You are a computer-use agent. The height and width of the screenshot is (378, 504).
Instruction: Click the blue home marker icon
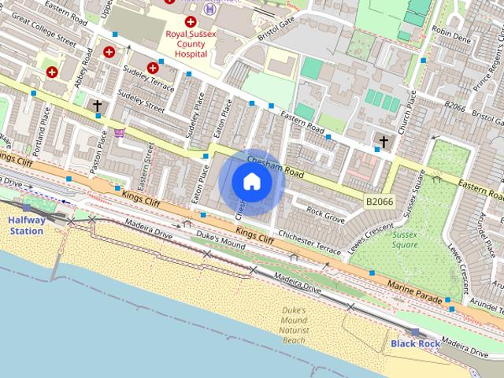coord(252,182)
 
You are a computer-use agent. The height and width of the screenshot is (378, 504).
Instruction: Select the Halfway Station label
coord(26,226)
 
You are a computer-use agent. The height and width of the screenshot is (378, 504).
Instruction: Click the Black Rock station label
coord(414,343)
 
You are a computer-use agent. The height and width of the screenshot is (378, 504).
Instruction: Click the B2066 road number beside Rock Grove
coord(379,202)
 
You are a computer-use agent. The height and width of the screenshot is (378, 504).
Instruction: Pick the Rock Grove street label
coord(325,212)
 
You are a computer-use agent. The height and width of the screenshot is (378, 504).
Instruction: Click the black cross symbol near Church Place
coord(384,142)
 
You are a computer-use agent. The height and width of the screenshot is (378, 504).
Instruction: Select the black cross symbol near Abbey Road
coord(98,105)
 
